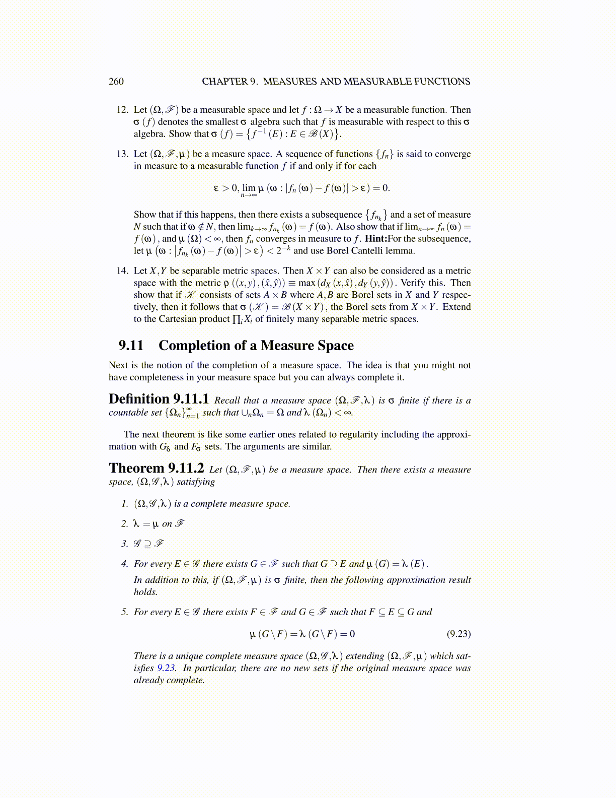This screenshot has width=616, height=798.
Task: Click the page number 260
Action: (116, 82)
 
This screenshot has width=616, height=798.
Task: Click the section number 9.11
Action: (131, 346)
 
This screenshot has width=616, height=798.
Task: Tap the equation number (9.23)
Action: (458, 634)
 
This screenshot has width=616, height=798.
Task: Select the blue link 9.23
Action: (166, 668)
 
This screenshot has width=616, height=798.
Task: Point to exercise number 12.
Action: (123, 110)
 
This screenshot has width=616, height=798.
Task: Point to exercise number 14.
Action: (123, 271)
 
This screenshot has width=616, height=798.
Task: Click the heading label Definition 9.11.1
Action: (159, 400)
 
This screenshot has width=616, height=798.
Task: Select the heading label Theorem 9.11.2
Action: (156, 469)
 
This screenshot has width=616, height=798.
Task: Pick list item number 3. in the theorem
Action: (124, 544)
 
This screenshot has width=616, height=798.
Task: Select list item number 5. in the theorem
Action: (124, 612)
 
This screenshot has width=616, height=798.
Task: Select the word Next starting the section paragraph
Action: (118, 365)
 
